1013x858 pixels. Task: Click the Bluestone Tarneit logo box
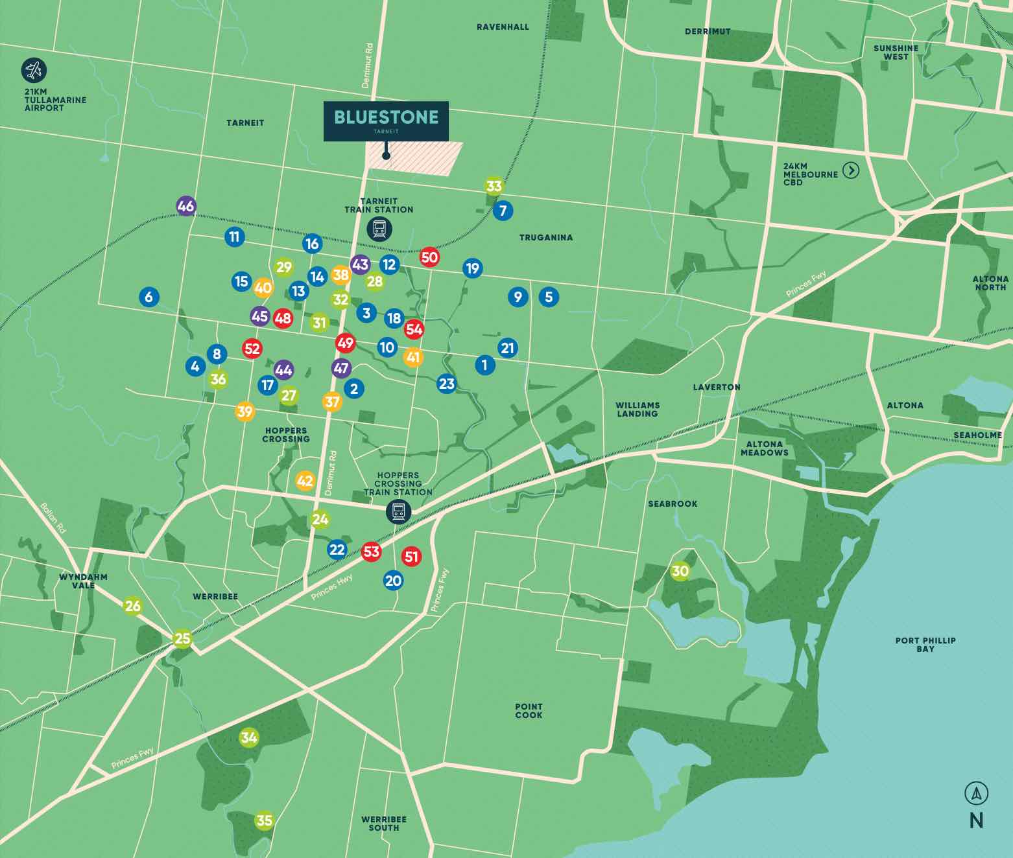click(x=386, y=121)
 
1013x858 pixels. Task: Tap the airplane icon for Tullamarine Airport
click(x=33, y=69)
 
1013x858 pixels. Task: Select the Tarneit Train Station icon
click(x=379, y=229)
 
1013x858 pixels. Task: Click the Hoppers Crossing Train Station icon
click(x=398, y=511)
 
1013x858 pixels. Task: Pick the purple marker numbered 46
click(x=185, y=206)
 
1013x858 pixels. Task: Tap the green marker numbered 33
click(x=494, y=187)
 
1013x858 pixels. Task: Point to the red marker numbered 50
click(x=429, y=257)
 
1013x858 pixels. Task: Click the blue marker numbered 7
click(x=503, y=211)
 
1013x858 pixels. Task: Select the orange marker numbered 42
click(x=305, y=481)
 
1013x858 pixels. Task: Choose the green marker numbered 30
click(x=680, y=571)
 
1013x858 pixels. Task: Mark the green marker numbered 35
click(x=264, y=820)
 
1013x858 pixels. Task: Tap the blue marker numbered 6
click(x=149, y=297)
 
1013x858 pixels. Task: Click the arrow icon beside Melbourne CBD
click(x=850, y=171)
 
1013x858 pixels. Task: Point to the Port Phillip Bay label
click(x=925, y=644)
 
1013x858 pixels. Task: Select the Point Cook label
click(x=529, y=711)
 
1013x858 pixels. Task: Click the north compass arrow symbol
click(x=976, y=793)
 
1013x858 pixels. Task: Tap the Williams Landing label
click(x=637, y=409)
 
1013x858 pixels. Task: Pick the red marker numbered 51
click(x=411, y=556)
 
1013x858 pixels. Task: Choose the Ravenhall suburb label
click(x=503, y=27)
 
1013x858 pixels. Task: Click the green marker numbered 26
click(x=132, y=606)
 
